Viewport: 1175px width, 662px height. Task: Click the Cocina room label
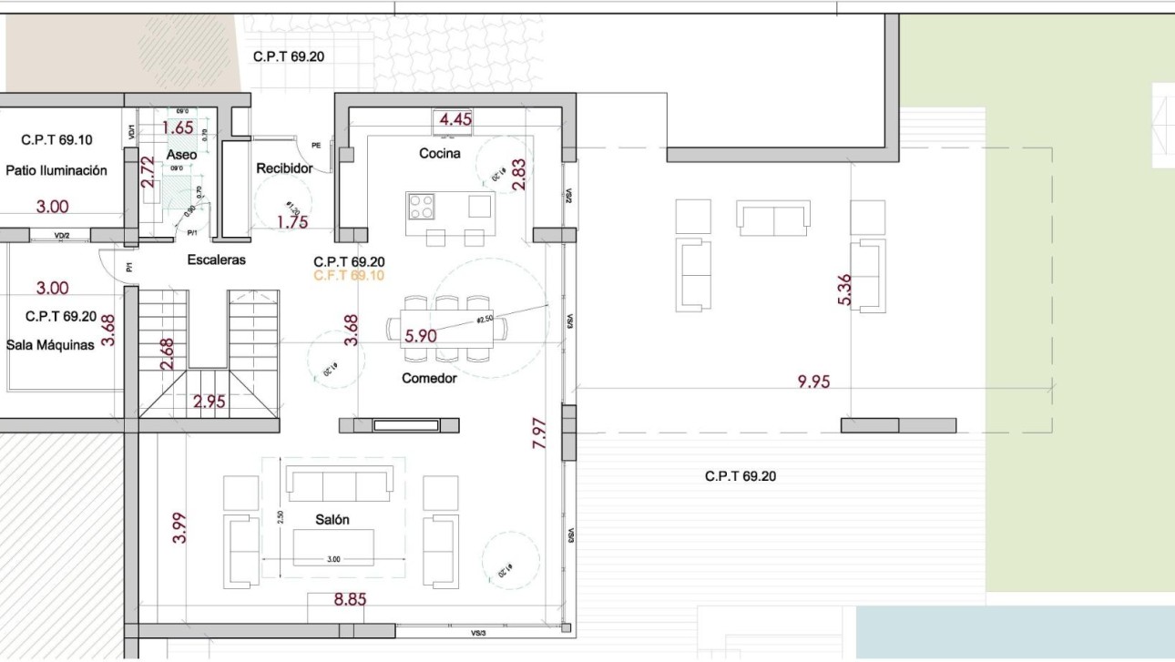(x=439, y=154)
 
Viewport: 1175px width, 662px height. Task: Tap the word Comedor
(x=429, y=378)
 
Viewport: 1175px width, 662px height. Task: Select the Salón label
(x=332, y=519)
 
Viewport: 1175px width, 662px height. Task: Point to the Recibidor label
(x=284, y=168)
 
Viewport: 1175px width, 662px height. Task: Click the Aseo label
(x=181, y=156)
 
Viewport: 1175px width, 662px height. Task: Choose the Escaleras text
(x=216, y=260)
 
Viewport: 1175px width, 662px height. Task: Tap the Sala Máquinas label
(x=50, y=345)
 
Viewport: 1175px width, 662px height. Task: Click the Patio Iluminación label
(x=56, y=170)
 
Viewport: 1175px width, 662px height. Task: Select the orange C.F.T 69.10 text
(x=348, y=275)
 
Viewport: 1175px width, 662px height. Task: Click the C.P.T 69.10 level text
(x=56, y=140)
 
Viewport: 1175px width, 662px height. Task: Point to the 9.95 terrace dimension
(x=813, y=382)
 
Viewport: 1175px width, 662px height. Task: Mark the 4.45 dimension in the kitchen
(x=455, y=119)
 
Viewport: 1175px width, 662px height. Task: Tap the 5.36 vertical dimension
(x=844, y=289)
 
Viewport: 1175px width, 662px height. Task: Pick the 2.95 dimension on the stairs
(x=209, y=402)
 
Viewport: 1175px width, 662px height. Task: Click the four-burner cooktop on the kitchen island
(x=421, y=207)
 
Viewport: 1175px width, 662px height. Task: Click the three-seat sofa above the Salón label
(x=339, y=484)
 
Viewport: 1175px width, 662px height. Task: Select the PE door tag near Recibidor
(x=316, y=144)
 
